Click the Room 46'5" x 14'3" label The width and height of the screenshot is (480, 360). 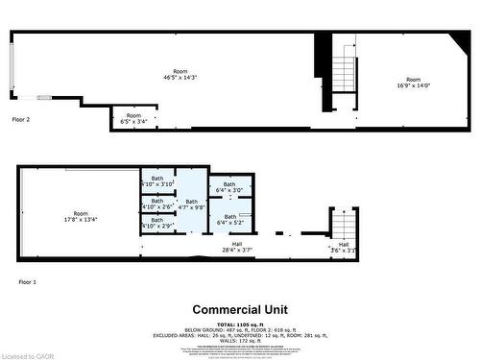point(180,75)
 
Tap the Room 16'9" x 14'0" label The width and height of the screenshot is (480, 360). point(413,83)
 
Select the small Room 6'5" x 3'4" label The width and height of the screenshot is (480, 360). point(133,119)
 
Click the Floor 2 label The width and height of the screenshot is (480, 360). point(21,120)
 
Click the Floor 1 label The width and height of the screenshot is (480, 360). point(27,281)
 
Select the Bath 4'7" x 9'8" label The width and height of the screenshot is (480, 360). point(192,204)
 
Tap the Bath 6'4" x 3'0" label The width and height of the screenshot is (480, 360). point(229,187)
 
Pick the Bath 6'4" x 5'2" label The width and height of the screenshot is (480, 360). point(230,220)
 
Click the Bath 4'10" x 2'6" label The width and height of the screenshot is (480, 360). point(156,204)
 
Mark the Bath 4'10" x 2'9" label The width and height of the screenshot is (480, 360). point(156,224)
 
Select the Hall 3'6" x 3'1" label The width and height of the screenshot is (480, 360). point(344,248)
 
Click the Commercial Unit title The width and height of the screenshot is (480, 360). point(240,309)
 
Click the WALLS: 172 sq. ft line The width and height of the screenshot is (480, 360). point(240,343)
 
